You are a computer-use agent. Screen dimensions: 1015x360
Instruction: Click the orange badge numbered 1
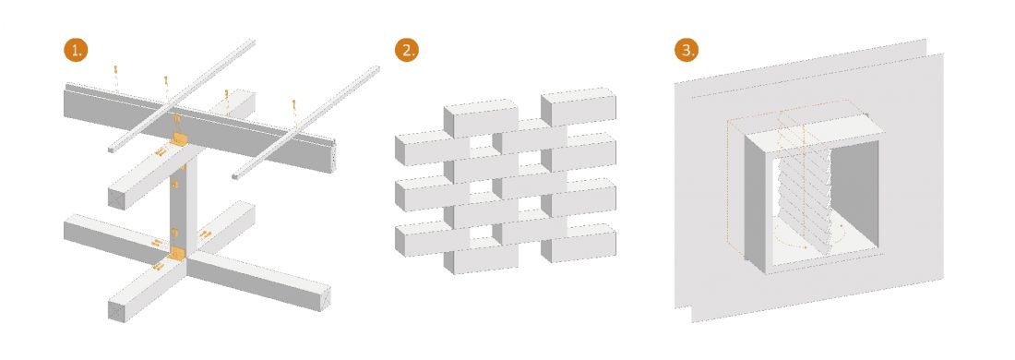[x=76, y=51]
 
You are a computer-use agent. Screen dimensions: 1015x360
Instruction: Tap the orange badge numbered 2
[x=407, y=51]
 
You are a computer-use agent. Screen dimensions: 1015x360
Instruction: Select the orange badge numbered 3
[x=687, y=51]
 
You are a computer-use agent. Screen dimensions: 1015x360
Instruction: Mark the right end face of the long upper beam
[x=334, y=157]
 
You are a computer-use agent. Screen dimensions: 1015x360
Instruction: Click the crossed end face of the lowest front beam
[x=116, y=311]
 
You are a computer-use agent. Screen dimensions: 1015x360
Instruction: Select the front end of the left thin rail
[x=112, y=150]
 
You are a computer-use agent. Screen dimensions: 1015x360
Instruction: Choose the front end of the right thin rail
[x=235, y=175]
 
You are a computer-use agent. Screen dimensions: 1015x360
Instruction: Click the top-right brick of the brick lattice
[x=578, y=106]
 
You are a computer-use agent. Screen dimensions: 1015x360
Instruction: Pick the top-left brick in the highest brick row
[x=481, y=118]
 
